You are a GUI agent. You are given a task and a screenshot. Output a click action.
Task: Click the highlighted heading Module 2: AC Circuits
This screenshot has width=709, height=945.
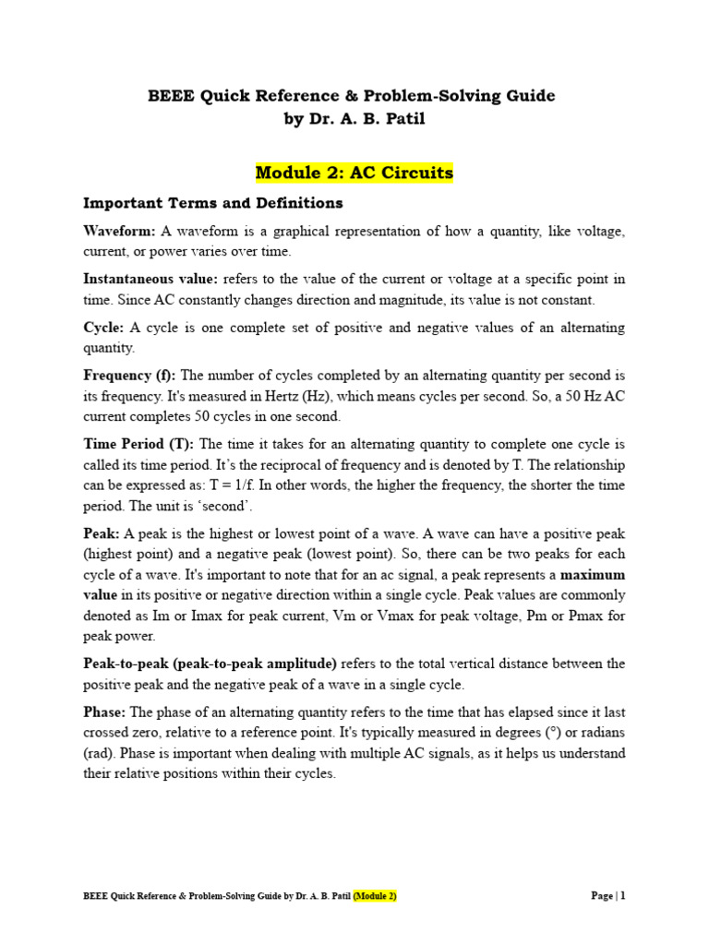354,173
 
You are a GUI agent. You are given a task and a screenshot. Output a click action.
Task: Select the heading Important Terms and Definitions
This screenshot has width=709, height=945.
213,202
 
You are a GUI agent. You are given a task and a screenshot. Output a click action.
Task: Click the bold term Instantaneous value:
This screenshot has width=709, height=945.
150,279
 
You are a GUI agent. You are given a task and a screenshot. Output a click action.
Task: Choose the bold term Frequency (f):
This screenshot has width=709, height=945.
130,376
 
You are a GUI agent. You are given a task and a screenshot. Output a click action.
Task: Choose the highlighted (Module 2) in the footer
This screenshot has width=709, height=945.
375,896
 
